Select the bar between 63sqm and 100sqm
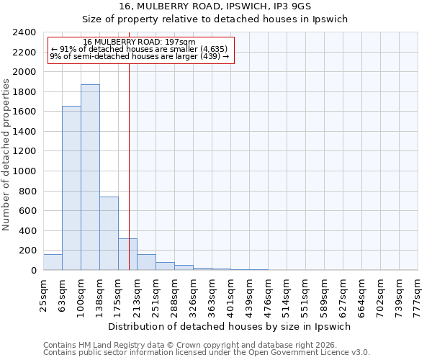(x=71, y=188)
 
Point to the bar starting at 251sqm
(x=165, y=266)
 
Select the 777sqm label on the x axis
(x=418, y=296)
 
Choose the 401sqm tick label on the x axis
(x=230, y=296)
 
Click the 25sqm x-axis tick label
(x=43, y=294)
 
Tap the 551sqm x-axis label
(x=305, y=296)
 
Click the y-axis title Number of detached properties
(x=6, y=151)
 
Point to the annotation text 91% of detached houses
(x=140, y=49)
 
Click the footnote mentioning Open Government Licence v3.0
(x=207, y=353)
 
